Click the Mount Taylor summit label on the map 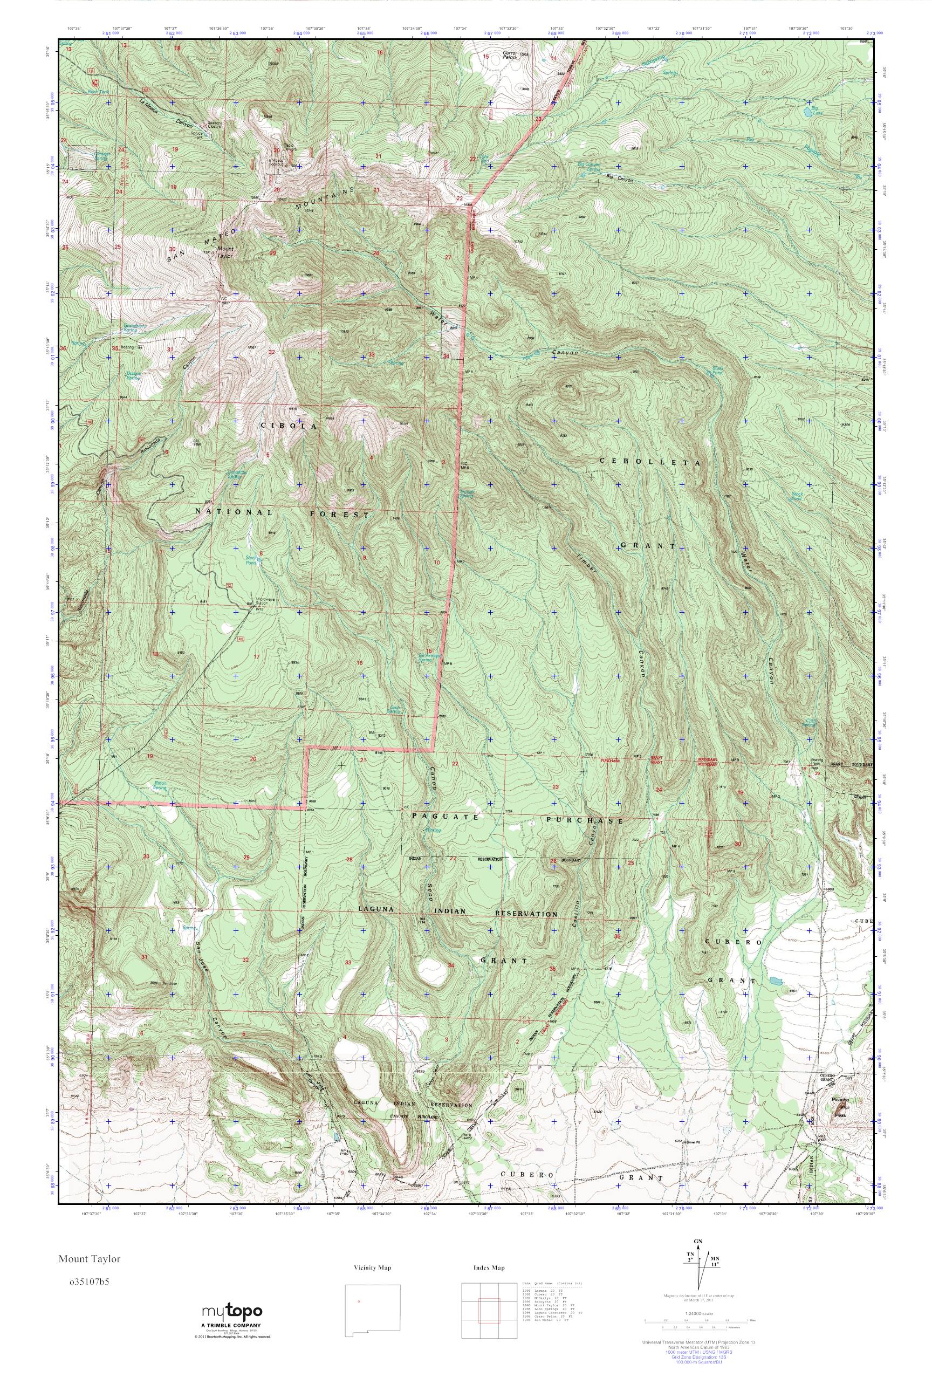[226, 252]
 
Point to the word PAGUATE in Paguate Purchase [445, 817]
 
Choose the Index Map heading [489, 1268]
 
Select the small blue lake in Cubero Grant [775, 981]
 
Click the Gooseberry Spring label [134, 327]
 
